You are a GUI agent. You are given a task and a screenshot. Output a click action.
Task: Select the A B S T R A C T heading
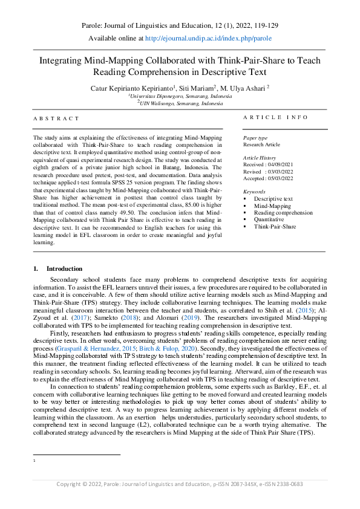click(56, 119)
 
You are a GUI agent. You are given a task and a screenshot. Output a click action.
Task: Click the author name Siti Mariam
click(196, 87)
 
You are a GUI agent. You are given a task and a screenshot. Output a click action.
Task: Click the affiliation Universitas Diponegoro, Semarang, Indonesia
click(180, 96)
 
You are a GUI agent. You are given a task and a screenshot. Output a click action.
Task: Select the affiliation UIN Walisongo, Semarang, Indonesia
click(180, 103)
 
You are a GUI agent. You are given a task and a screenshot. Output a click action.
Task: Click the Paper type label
click(255, 138)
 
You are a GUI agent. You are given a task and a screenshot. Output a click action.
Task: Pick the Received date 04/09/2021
click(284, 164)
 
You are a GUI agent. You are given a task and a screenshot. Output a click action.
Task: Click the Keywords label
click(254, 191)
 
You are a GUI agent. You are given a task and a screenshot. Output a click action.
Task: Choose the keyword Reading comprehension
click(283, 213)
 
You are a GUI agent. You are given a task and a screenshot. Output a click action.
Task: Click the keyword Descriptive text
click(273, 199)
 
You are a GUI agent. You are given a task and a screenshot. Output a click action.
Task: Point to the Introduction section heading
click(64, 268)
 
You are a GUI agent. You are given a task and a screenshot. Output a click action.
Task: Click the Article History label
click(260, 157)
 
